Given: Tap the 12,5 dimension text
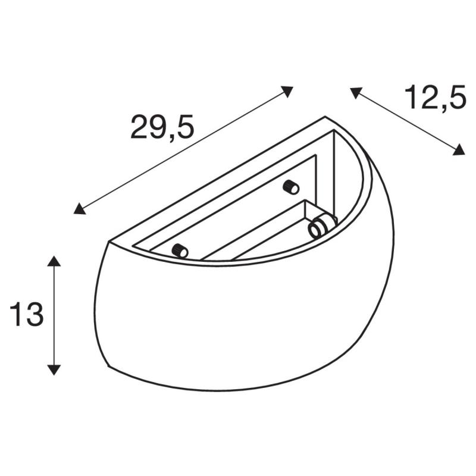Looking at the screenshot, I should [x=434, y=97].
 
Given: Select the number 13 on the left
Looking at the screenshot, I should [x=27, y=315].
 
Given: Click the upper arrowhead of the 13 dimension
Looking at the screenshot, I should [x=54, y=262].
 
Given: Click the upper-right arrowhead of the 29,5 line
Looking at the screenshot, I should [x=287, y=91].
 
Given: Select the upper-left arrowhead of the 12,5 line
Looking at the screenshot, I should [x=356, y=92].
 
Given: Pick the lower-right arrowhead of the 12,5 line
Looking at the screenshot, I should [x=458, y=150].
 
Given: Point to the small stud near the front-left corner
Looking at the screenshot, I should [x=180, y=250].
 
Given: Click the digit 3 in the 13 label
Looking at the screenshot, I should [x=35, y=315].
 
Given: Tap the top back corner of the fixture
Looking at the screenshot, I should [x=325, y=117].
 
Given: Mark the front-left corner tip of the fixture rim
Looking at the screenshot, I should [x=108, y=242].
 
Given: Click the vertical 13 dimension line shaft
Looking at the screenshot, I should [x=54, y=315].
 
